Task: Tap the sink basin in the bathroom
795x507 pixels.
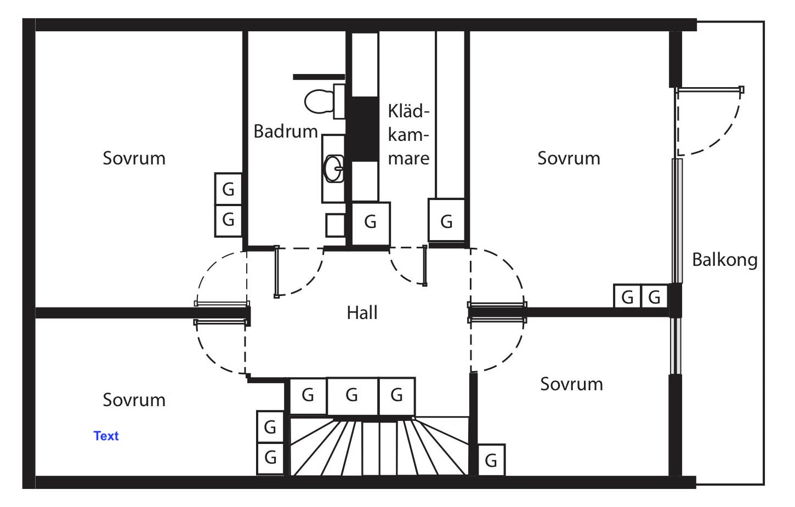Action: click(333, 168)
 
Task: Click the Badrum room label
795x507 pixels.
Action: click(286, 132)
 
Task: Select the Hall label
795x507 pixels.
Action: click(362, 313)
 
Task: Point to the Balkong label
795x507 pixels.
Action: click(724, 260)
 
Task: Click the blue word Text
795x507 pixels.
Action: click(106, 436)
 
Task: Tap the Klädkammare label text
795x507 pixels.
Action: click(408, 135)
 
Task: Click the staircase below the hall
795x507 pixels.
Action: click(378, 447)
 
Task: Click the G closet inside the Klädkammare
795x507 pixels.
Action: click(446, 221)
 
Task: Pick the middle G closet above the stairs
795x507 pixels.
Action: click(352, 395)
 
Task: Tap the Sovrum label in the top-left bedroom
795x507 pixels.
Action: click(134, 158)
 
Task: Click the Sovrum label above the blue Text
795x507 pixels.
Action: click(134, 400)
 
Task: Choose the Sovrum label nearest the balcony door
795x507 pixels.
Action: click(569, 158)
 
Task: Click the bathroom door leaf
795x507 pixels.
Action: click(277, 272)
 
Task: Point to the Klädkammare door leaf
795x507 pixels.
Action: click(425, 266)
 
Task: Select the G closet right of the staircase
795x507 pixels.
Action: click(491, 460)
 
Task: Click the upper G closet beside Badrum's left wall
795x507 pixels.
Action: click(228, 189)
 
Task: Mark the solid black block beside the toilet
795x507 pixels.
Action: click(364, 129)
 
